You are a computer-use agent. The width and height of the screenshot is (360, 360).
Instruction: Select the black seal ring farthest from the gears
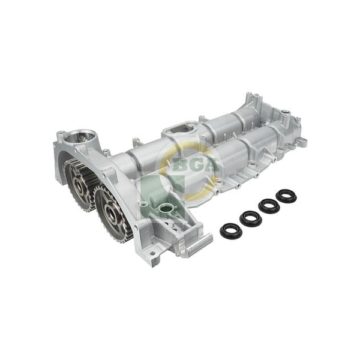pos(286,196)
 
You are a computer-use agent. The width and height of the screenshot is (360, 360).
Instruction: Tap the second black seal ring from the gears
pos(251,217)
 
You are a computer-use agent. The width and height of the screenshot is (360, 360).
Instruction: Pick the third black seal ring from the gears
pos(269,205)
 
